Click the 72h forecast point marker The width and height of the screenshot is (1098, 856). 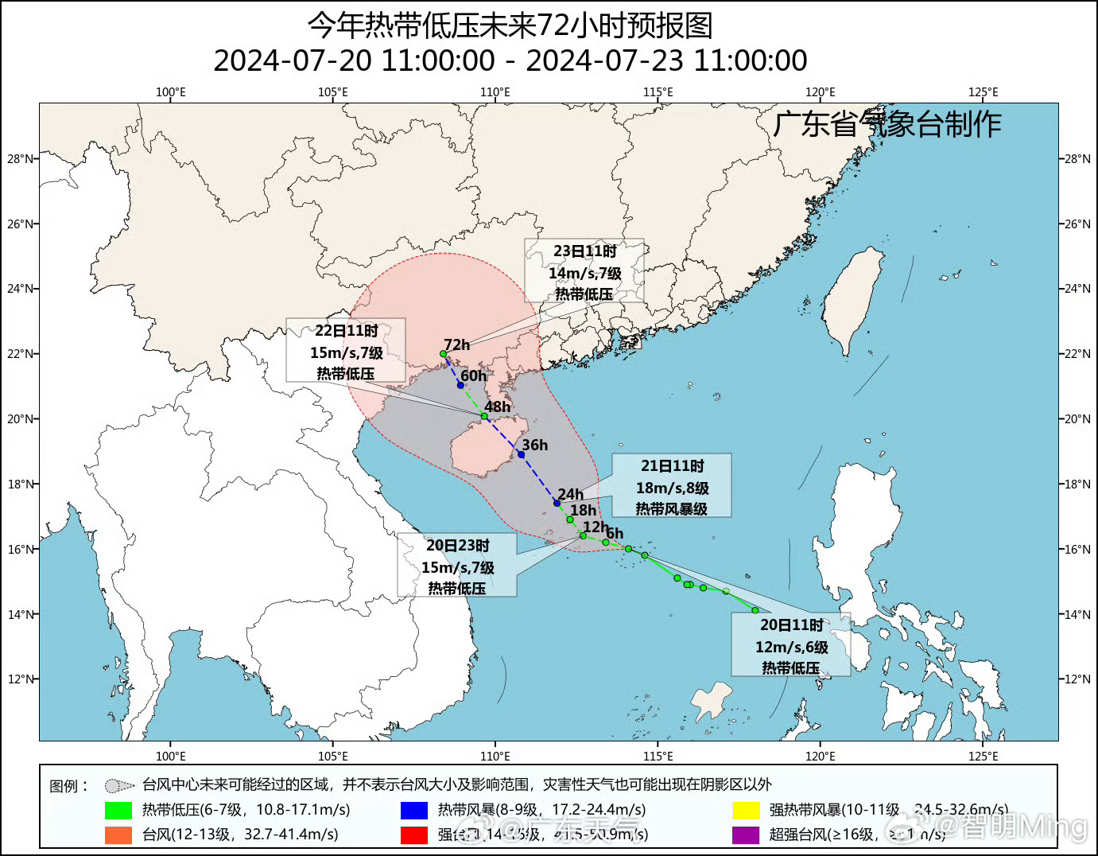coord(444,354)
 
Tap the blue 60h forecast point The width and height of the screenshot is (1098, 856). coord(460,385)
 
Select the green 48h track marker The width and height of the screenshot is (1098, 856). coord(484,416)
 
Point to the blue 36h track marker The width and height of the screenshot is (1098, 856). coord(522,454)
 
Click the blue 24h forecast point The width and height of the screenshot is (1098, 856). coord(557,503)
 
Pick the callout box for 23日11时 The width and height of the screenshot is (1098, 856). coord(584,271)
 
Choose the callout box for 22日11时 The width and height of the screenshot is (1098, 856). coord(346,351)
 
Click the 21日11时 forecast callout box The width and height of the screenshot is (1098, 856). coord(671,486)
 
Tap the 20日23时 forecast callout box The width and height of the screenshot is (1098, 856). coord(457,566)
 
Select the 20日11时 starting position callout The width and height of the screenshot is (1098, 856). coord(791,645)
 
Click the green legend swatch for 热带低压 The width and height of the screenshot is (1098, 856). coord(118,811)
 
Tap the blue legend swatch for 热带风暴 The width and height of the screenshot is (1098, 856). coord(413,811)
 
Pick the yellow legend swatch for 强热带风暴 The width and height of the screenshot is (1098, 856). coord(746,811)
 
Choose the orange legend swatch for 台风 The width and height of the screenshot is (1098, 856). coord(118,835)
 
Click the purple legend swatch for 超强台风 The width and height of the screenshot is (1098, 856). coord(746,835)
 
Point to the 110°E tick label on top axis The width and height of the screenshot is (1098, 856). coord(495,92)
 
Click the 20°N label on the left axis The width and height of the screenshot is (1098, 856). coord(21,419)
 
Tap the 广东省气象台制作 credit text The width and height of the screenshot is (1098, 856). coord(887,124)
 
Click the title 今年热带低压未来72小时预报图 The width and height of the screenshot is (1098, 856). coord(510,25)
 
